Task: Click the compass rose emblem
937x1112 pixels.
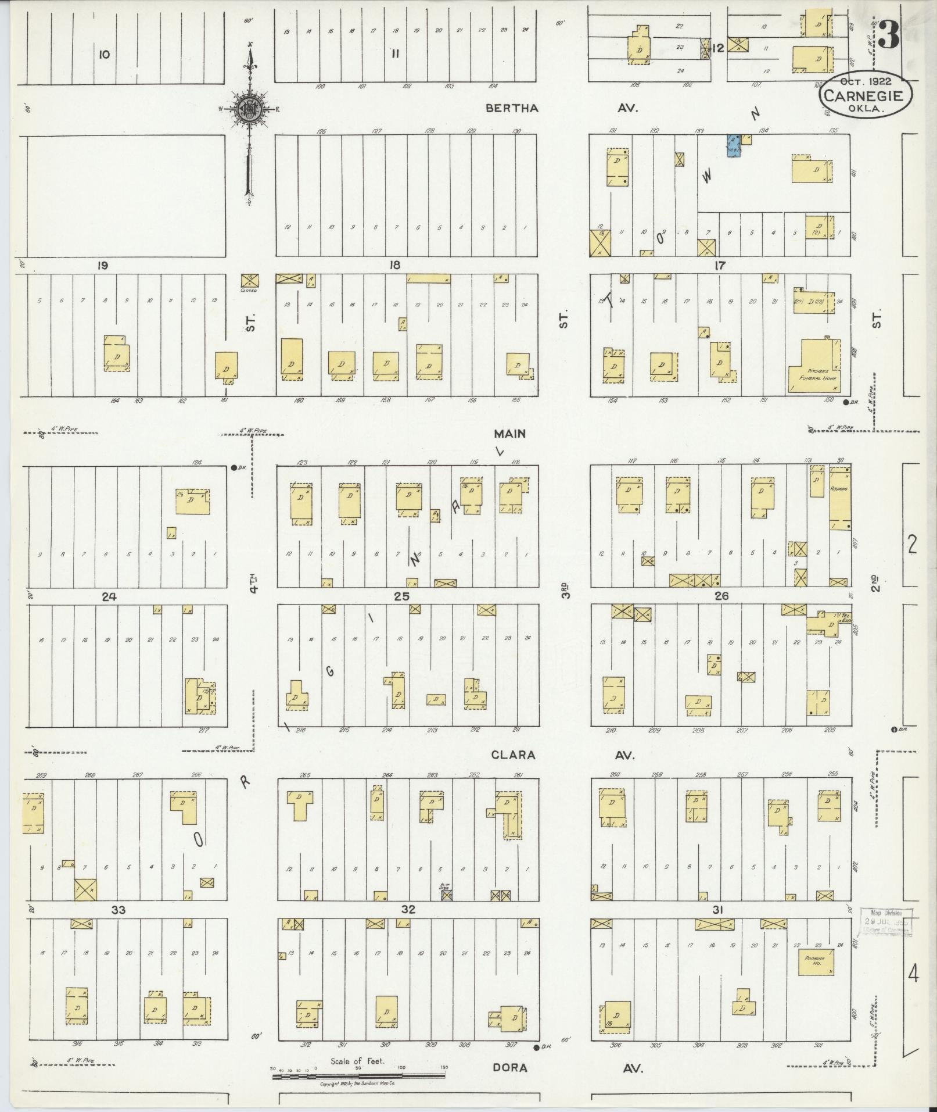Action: [x=250, y=108]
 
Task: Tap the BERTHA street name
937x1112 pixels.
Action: [x=512, y=108]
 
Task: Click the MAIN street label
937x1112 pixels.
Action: [x=510, y=434]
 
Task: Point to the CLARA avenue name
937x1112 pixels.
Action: [x=512, y=755]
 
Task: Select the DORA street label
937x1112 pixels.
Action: [x=510, y=1068]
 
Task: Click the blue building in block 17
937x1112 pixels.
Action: [x=734, y=146]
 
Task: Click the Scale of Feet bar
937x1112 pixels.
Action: [x=358, y=1076]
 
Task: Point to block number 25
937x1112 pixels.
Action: [x=401, y=596]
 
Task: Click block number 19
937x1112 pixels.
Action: [x=103, y=266]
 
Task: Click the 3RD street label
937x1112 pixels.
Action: [x=565, y=589]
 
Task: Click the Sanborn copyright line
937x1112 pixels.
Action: [x=357, y=1084]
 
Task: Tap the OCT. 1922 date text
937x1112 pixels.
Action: [x=865, y=81]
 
